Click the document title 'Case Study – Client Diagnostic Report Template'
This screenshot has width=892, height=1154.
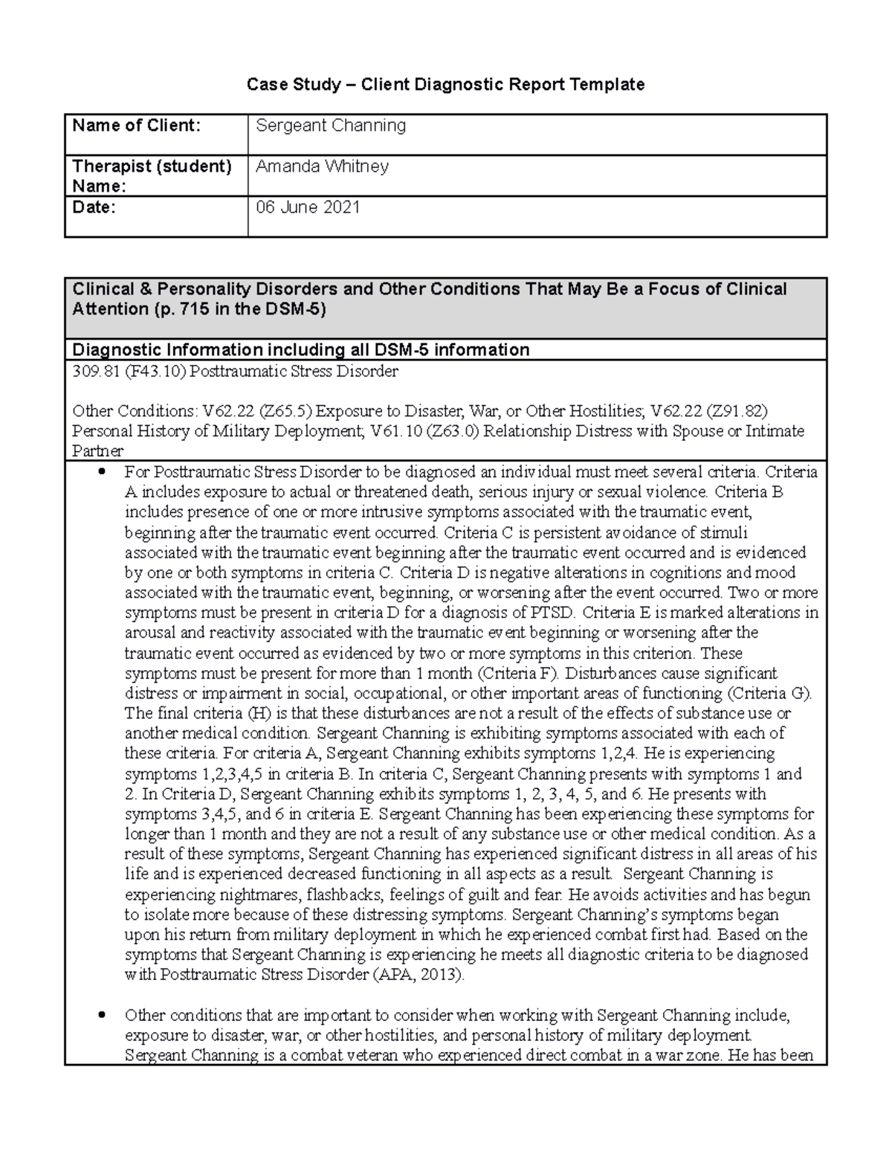pos(445,85)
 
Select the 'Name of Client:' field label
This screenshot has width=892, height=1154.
pos(136,126)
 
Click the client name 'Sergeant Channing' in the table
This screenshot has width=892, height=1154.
pos(331,126)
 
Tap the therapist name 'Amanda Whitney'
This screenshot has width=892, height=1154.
pos(322,166)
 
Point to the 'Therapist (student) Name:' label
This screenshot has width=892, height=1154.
pos(152,175)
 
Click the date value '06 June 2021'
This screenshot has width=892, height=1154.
pos(308,207)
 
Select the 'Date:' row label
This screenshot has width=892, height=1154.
pos(94,207)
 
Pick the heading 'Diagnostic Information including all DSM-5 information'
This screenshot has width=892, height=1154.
pos(300,350)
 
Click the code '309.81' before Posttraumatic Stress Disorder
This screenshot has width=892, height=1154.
pos(94,371)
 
